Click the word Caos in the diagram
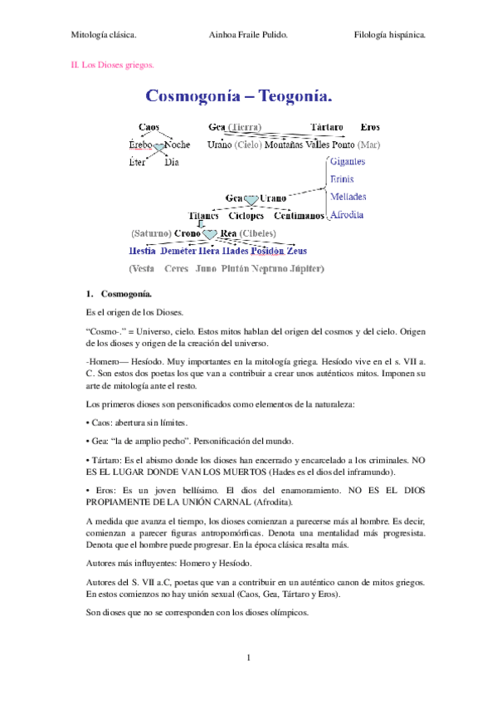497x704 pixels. [149, 127]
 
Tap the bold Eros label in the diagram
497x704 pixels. [370, 127]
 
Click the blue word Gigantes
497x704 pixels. [347, 162]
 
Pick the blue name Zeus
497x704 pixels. [296, 250]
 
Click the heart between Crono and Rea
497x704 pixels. [210, 234]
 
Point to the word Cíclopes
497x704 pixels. [246, 216]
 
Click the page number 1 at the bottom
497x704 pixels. [248, 658]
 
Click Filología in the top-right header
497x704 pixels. [372, 36]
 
